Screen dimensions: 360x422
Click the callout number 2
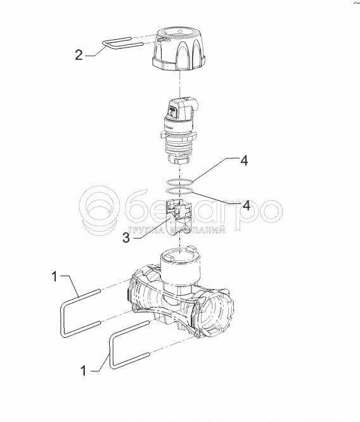pyautogui.click(x=79, y=54)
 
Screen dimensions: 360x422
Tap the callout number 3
pyautogui.click(x=126, y=237)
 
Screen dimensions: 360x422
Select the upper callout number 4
pyautogui.click(x=244, y=160)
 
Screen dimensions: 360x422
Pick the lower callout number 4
pyautogui.click(x=247, y=205)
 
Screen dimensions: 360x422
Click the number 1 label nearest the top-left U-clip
pyautogui.click(x=55, y=276)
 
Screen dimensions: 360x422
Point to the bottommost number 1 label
pyautogui.click(x=84, y=371)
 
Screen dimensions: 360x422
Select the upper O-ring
pyautogui.click(x=179, y=182)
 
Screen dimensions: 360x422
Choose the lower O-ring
pyautogui.click(x=179, y=191)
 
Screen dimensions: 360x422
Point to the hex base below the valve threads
pyautogui.click(x=179, y=159)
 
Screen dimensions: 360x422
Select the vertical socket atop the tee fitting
pyautogui.click(x=180, y=265)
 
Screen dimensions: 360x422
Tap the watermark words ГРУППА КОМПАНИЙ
pyautogui.click(x=177, y=231)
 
